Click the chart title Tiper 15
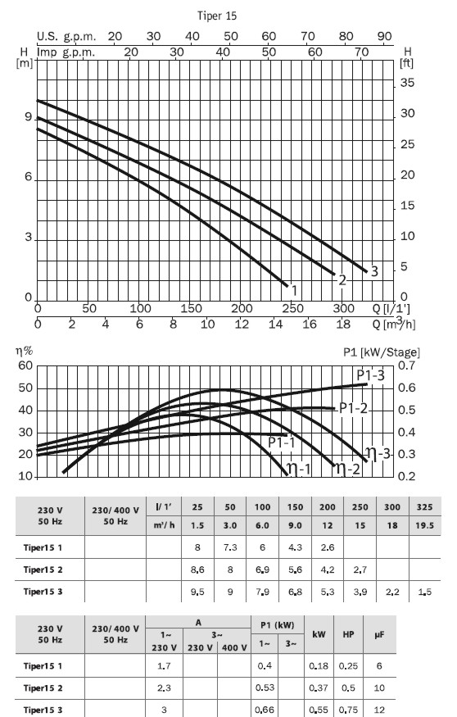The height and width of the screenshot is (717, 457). (217, 16)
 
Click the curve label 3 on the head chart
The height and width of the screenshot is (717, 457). (374, 271)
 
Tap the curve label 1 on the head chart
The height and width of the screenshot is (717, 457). (294, 290)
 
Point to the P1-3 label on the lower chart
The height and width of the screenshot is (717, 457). (371, 375)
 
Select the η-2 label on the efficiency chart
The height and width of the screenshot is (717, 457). (346, 468)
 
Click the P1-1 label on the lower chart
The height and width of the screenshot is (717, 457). (282, 442)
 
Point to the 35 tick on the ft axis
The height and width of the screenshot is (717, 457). (407, 83)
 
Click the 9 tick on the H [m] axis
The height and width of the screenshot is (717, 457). (29, 117)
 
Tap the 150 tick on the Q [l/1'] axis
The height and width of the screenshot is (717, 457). (191, 308)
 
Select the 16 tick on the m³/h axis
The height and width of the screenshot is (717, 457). (310, 324)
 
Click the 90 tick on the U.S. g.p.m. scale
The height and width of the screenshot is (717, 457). (385, 36)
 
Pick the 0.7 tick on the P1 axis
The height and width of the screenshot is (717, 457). (406, 365)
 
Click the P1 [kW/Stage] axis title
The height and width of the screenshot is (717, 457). (382, 352)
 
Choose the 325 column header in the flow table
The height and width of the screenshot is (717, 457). (424, 506)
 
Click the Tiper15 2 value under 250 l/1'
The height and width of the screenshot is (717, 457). (360, 570)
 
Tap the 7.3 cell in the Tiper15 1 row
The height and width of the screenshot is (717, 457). (230, 547)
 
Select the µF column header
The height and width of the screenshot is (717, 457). (379, 634)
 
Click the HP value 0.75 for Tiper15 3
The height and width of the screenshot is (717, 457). (348, 710)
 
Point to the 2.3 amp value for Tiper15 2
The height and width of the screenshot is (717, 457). (164, 688)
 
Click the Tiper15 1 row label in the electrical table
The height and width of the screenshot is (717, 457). (43, 665)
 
